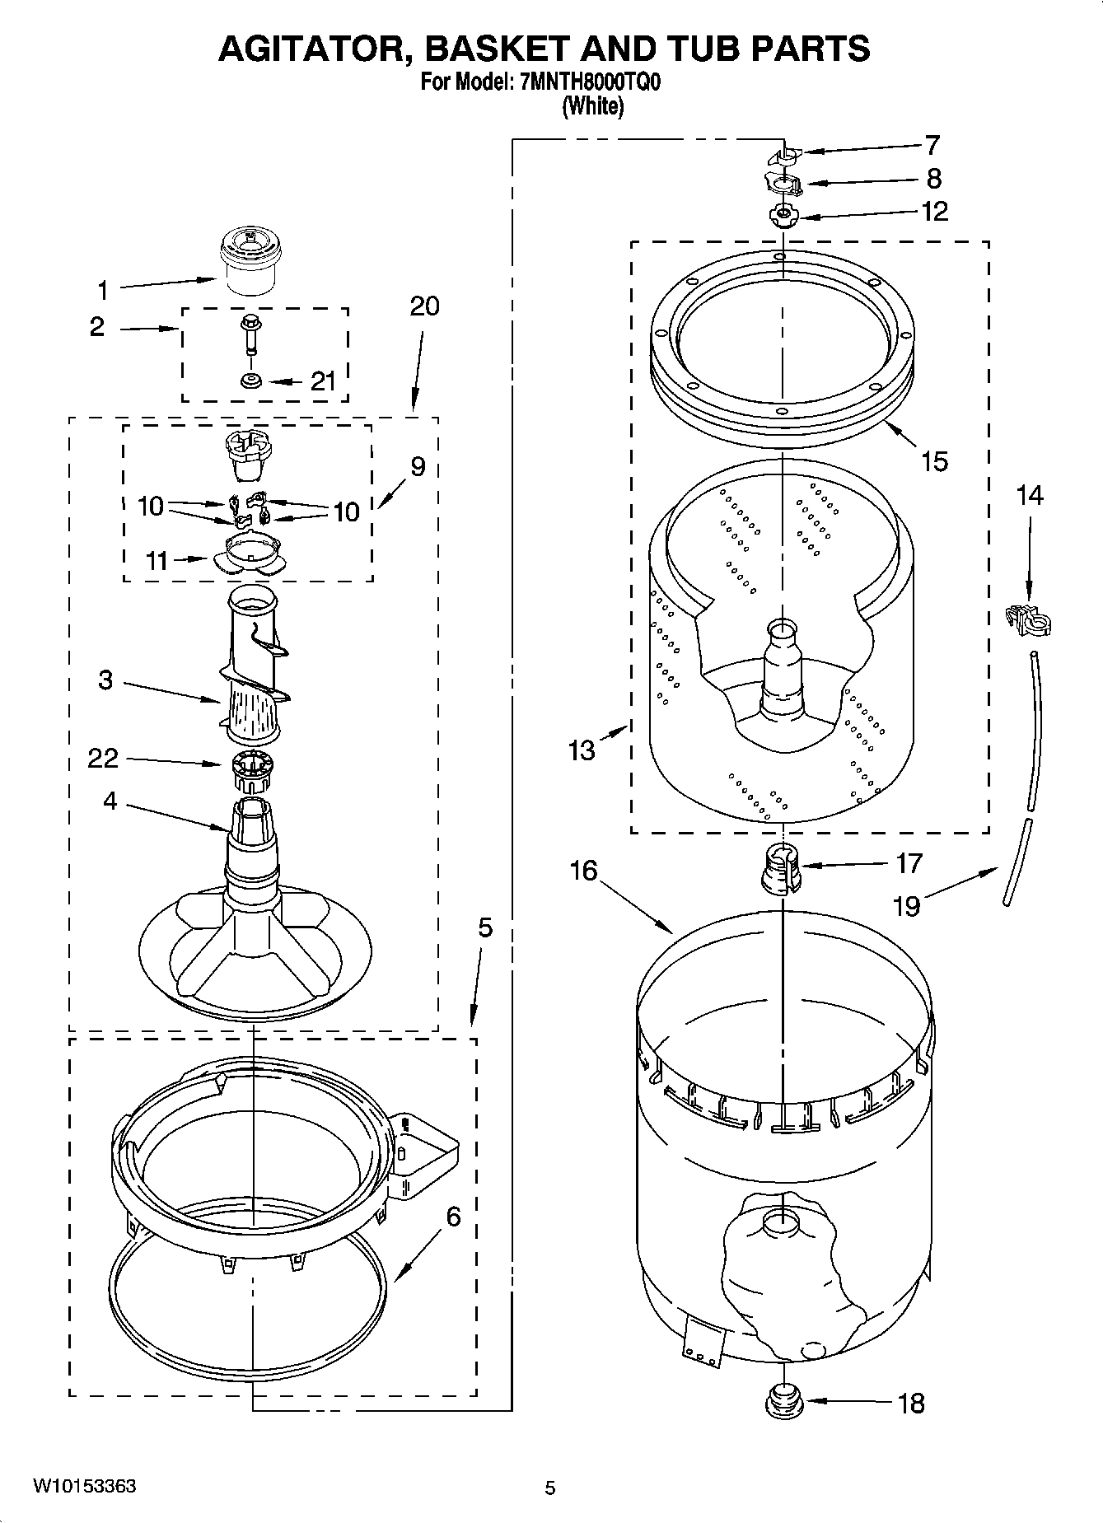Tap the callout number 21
[323, 381]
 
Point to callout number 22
[103, 759]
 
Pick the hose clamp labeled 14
[1030, 620]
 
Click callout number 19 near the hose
[906, 906]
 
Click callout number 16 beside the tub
[583, 871]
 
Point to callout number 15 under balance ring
[934, 461]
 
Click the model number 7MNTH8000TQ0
[590, 83]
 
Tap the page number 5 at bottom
[550, 1488]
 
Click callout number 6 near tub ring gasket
[453, 1217]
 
